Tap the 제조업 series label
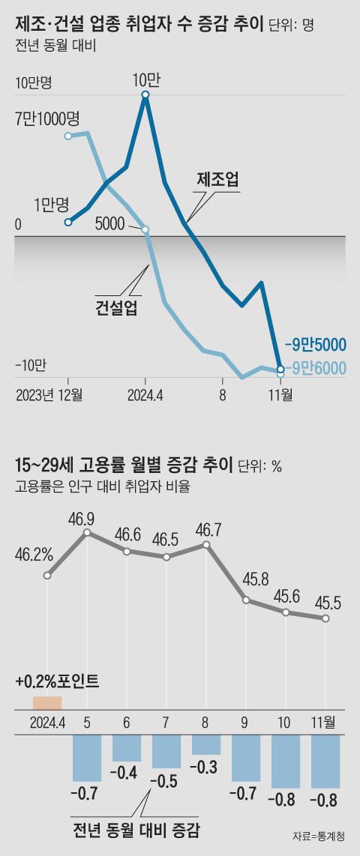click(x=217, y=179)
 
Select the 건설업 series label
click(x=116, y=307)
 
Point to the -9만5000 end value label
click(x=315, y=345)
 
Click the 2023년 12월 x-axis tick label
click(x=49, y=394)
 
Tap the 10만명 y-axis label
click(x=34, y=82)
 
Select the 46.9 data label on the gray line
click(x=88, y=519)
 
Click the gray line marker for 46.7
click(x=207, y=545)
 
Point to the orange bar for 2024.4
click(x=46, y=702)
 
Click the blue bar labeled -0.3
click(x=206, y=744)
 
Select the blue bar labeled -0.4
click(x=127, y=748)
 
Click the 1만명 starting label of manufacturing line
click(x=51, y=203)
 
